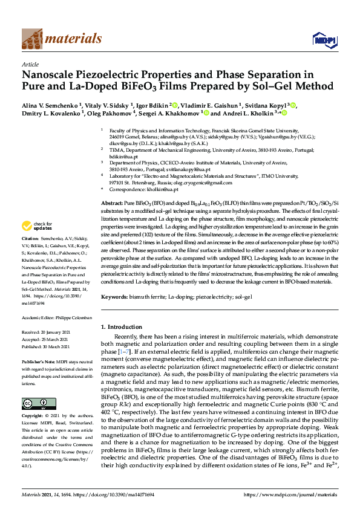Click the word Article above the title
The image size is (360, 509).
click(30, 63)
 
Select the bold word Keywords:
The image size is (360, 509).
click(116, 297)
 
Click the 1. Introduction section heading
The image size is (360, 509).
click(123, 327)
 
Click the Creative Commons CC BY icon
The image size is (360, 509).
click(34, 403)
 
